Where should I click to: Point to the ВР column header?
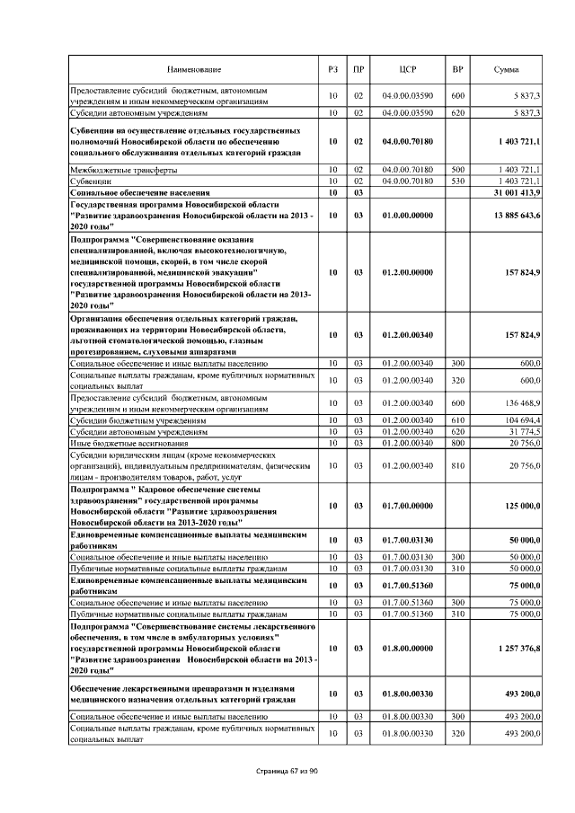[x=457, y=69]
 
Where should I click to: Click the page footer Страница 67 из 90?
[x=287, y=770]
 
